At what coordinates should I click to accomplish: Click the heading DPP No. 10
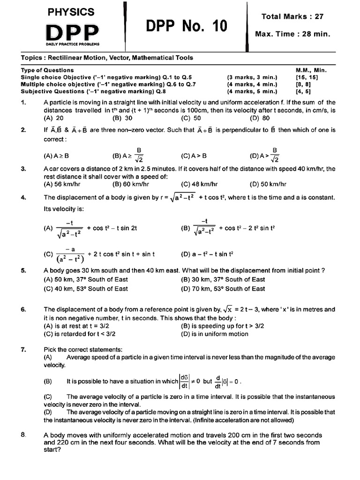click(x=185, y=27)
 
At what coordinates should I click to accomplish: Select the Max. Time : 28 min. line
click(x=299, y=34)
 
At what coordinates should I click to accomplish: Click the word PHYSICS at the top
click(x=71, y=12)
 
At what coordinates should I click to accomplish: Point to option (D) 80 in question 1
click(x=260, y=119)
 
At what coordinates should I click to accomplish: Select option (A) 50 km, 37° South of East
click(x=85, y=279)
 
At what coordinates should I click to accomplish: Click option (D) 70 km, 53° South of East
click(x=223, y=289)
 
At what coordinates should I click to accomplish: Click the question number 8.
click(x=23, y=435)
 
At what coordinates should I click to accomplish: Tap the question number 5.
click(x=23, y=270)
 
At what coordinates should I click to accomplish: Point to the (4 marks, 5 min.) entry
click(x=252, y=91)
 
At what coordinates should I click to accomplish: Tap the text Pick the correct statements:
click(x=76, y=349)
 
